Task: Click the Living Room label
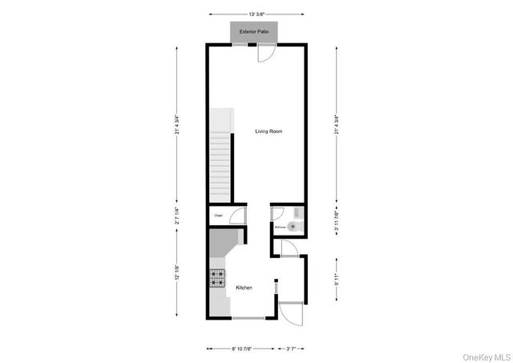point(269,131)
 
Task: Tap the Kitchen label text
point(244,288)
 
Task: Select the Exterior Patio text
point(254,33)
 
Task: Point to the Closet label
point(218,216)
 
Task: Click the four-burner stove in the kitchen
point(219,278)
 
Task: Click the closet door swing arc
point(238,216)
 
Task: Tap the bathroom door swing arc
point(277,213)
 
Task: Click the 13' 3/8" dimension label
point(256,14)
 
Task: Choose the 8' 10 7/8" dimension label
point(241,349)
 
